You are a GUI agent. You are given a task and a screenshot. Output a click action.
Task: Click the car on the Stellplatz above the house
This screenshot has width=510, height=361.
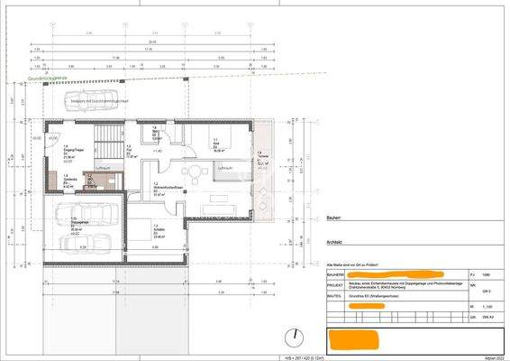[91, 99]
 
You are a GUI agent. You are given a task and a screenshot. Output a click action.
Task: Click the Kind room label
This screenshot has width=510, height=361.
[217, 145]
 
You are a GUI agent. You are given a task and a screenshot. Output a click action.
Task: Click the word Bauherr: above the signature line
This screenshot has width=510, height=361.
[334, 218]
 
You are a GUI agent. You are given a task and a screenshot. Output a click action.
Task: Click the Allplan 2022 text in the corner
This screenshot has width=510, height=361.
[493, 356]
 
